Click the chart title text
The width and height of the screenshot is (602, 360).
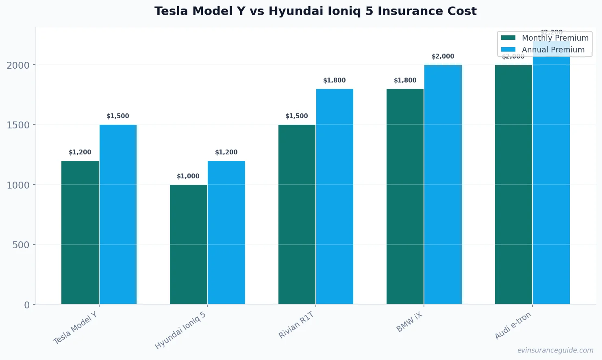[315, 11]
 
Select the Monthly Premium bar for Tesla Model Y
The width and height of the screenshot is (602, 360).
[80, 232]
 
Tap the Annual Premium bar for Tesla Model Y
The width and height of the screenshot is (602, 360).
[118, 215]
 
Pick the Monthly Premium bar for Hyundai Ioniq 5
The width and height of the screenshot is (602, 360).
[188, 245]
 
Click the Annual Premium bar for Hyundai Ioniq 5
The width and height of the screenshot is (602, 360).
[226, 232]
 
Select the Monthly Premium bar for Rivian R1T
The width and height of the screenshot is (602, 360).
[297, 215]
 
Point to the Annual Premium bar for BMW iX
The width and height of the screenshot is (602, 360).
[443, 184]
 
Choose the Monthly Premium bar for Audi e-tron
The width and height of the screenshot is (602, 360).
[513, 184]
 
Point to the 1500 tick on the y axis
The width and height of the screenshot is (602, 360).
[18, 125]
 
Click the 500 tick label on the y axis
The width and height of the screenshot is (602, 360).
[21, 245]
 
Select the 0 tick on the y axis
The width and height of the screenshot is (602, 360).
[27, 305]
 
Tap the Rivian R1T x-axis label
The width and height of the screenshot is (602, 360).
[296, 325]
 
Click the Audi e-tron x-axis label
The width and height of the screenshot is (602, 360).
[513, 326]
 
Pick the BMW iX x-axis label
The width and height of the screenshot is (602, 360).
[410, 322]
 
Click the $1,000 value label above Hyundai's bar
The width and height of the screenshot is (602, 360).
[188, 176]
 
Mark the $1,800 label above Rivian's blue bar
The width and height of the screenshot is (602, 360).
[335, 80]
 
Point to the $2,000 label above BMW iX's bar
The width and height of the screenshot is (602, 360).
[443, 56]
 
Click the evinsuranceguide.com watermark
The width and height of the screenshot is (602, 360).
[555, 350]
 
